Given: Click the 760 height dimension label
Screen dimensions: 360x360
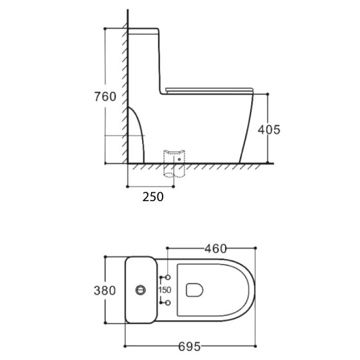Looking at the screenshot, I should pos(104,97).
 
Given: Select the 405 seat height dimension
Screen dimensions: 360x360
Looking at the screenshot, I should pos(268,129).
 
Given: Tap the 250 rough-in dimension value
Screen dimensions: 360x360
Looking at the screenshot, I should pos(152,196).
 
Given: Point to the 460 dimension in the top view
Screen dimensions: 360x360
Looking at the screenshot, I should pos(216,247).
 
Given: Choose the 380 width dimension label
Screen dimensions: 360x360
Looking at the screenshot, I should pos(104,290).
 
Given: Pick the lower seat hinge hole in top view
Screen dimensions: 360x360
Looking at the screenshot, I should pos(166,303).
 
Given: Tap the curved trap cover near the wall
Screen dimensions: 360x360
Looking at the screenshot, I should pos(134,135).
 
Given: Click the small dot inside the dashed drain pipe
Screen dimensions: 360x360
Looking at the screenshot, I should pos(179,159).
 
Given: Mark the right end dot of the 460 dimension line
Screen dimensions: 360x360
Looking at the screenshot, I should pos(256,247).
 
